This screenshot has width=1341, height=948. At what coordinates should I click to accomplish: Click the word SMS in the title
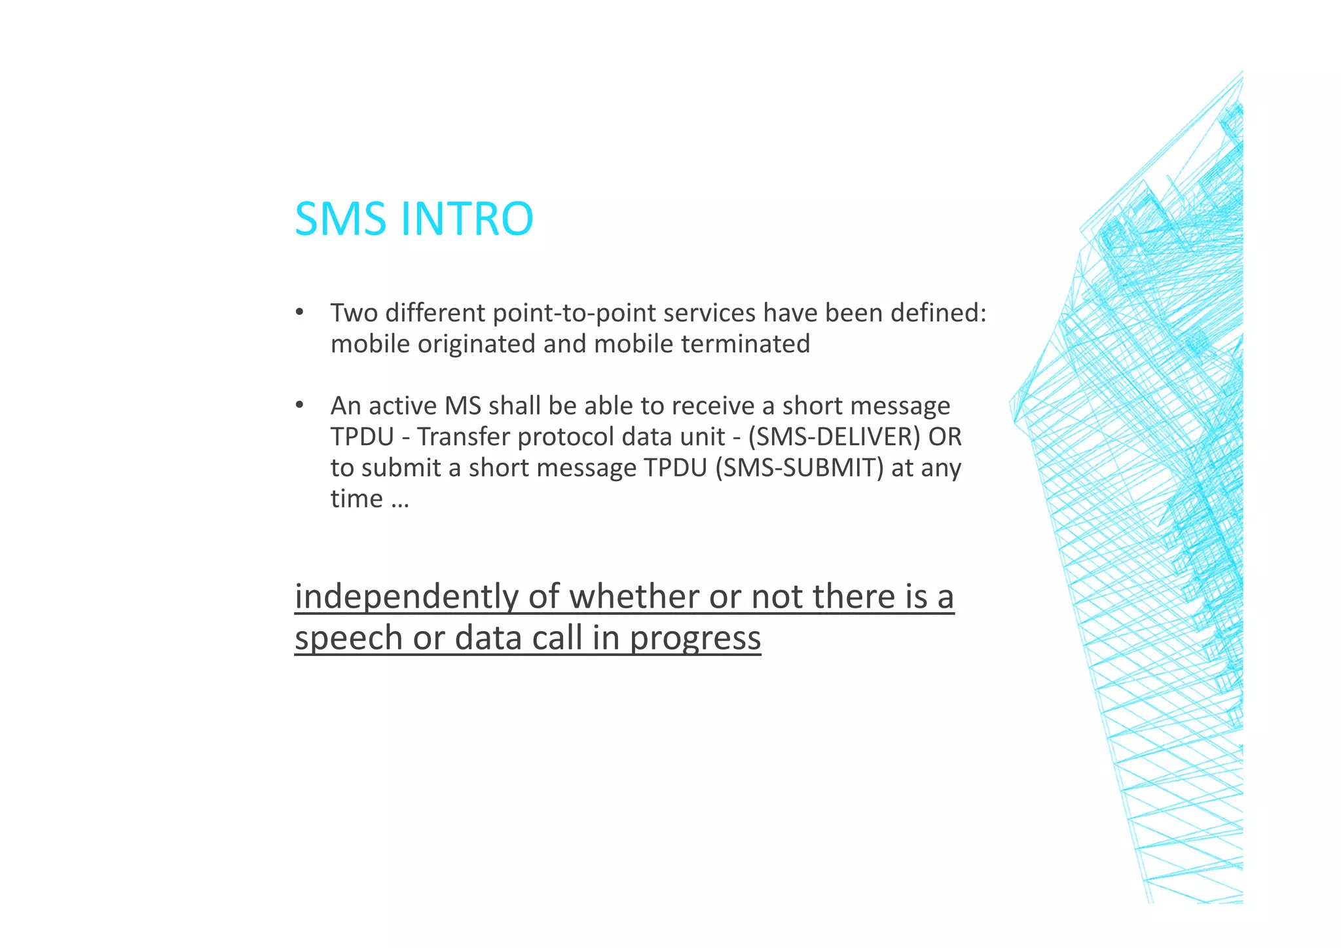click(340, 219)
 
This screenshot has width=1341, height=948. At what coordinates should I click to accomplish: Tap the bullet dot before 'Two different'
click(299, 312)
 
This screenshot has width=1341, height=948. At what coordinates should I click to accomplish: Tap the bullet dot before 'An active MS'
click(299, 405)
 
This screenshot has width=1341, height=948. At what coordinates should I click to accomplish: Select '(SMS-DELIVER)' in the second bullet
click(834, 437)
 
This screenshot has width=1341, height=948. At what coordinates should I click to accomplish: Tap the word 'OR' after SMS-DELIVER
click(945, 437)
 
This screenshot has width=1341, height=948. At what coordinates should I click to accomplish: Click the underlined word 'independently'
click(406, 597)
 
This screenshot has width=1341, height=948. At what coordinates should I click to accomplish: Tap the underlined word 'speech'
click(348, 638)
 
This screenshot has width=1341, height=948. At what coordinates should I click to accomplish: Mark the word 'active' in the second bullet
click(403, 406)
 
